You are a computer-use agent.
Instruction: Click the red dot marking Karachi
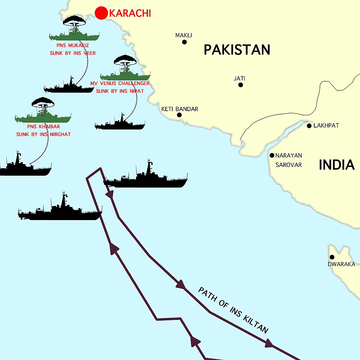(101, 13)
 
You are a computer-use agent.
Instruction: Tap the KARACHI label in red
(130, 13)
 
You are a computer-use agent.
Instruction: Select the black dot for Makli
(184, 42)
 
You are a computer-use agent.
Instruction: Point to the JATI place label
(239, 78)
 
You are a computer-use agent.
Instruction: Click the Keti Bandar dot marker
(179, 115)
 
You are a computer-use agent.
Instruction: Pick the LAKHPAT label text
(326, 126)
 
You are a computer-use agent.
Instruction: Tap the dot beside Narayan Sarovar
(272, 155)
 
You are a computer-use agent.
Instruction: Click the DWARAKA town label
(341, 264)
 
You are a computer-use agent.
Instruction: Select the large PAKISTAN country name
(237, 50)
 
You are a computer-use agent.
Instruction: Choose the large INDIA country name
(336, 165)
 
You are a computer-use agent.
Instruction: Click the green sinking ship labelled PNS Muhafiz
(75, 36)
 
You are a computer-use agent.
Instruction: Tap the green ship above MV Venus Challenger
(125, 76)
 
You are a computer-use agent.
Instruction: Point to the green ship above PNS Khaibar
(43, 117)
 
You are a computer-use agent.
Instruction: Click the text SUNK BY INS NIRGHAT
(43, 134)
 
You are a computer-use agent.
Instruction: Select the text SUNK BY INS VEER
(73, 53)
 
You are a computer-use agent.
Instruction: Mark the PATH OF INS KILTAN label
(233, 310)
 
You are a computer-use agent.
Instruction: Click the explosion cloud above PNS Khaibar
(43, 103)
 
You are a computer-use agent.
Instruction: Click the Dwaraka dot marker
(332, 257)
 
